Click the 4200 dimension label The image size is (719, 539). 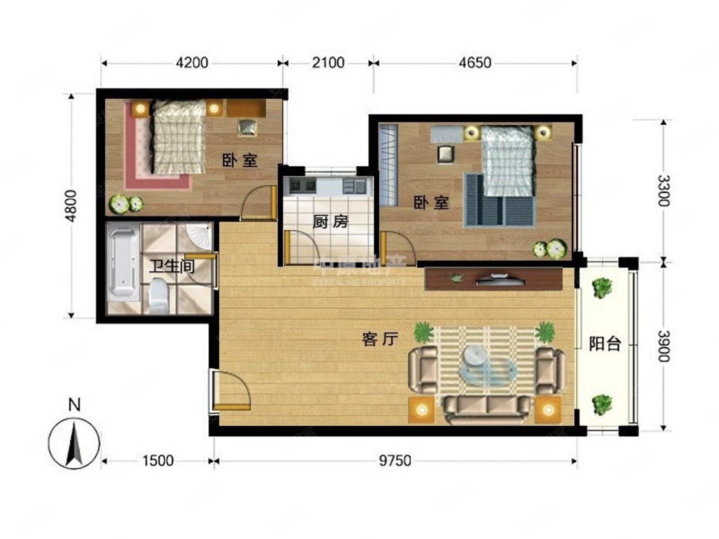coord(192,63)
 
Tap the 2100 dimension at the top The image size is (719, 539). coord(328,63)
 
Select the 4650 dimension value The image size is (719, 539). coord(475,63)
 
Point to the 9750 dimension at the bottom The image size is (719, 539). coord(395,460)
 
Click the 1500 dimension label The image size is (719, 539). coord(158,460)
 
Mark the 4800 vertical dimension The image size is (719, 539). coord(72,206)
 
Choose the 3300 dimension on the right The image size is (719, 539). coord(663,191)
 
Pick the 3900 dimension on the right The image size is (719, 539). coord(663,346)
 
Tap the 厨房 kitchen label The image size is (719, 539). coord(330,221)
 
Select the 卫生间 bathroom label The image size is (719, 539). coord(171,266)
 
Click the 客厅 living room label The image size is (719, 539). coord(380,339)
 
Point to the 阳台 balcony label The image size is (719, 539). coord(605,343)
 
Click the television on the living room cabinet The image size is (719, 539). coord(500,279)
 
